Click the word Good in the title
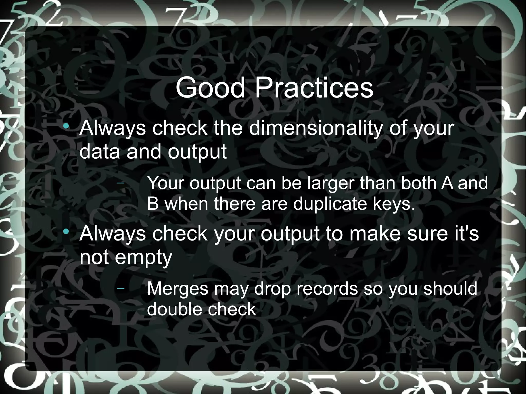pos(210,88)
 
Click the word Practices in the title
pos(314,88)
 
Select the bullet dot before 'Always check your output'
pos(67,232)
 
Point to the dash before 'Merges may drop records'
pos(120,289)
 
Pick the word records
pos(327,289)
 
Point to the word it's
pos(467,234)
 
